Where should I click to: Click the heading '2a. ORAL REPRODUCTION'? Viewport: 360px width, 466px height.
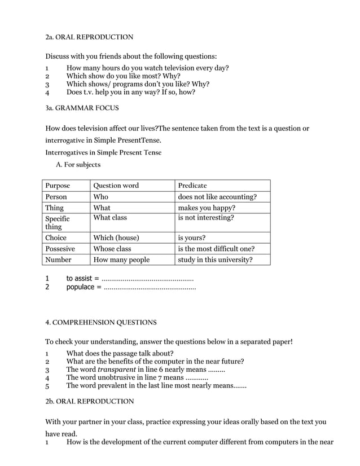pyautogui.click(x=89, y=37)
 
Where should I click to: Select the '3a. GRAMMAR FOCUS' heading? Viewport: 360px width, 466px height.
pyautogui.click(x=82, y=107)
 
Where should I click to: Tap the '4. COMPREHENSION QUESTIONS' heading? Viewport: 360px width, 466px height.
pyautogui.click(x=101, y=323)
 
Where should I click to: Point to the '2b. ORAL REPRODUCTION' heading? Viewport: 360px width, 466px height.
pyautogui.click(x=89, y=401)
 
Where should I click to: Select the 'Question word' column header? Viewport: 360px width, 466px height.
pyautogui.click(x=116, y=186)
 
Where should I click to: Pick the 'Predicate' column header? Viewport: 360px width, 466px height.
pyautogui.click(x=192, y=186)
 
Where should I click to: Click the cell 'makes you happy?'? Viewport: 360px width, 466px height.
pyautogui.click(x=207, y=208)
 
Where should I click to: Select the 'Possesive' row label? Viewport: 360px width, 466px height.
pyautogui.click(x=60, y=249)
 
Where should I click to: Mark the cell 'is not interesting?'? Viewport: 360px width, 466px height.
pyautogui.click(x=206, y=218)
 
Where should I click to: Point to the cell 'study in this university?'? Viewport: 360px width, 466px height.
pyautogui.click(x=215, y=260)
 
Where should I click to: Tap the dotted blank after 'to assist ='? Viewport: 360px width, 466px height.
pyautogui.click(x=148, y=279)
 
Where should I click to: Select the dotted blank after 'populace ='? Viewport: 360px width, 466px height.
pyautogui.click(x=150, y=287)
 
